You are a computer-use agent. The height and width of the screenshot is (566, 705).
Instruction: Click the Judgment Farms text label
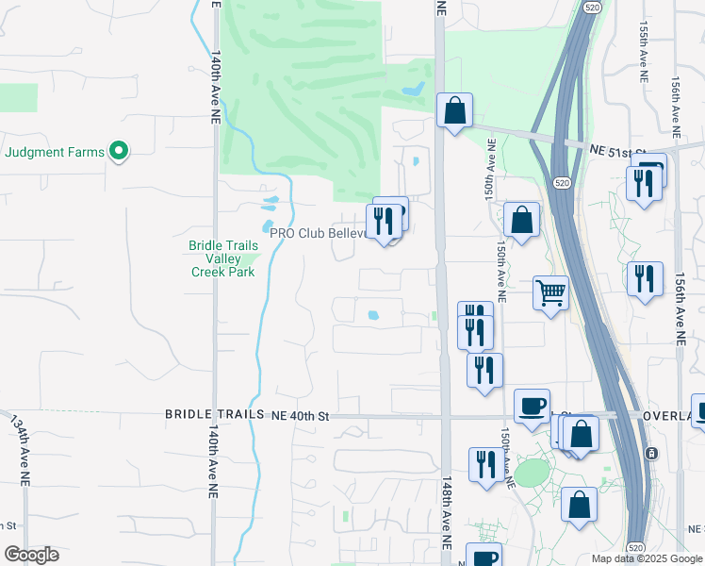click(x=54, y=151)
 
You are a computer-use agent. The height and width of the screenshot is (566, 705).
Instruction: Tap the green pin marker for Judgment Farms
click(x=119, y=151)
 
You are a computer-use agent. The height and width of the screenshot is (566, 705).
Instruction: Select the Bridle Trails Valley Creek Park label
click(x=222, y=258)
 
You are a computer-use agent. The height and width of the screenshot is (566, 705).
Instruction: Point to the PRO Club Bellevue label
click(x=317, y=234)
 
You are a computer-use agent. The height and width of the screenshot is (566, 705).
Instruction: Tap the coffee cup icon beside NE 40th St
click(x=533, y=406)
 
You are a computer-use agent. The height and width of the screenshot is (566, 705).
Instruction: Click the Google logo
click(x=31, y=555)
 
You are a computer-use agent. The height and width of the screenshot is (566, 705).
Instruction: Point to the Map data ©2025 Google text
click(x=646, y=558)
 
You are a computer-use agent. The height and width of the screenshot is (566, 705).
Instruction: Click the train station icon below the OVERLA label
click(x=651, y=453)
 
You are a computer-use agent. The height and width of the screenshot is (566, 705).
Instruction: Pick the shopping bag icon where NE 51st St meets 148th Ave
click(x=454, y=110)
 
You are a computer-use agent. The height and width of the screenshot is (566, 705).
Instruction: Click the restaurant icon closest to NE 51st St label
click(x=645, y=181)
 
